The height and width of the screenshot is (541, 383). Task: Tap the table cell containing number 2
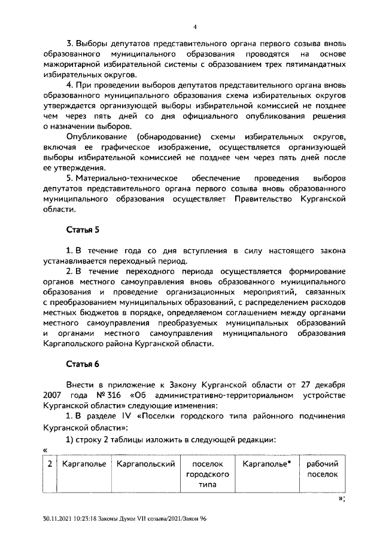point(51,464)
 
